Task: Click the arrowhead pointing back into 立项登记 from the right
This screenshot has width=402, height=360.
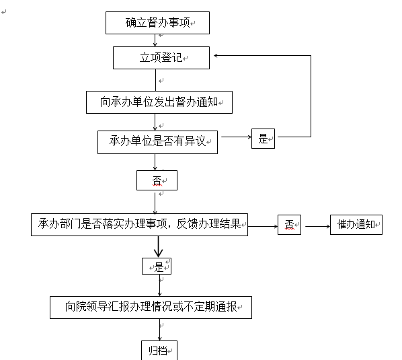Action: point(215,55)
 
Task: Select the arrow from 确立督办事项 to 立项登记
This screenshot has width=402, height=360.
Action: point(155,40)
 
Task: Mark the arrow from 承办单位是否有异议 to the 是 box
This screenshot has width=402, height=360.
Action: point(237,137)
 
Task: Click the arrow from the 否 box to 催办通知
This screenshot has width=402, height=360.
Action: point(318,226)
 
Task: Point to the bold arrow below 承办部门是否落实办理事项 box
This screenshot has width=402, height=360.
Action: point(159,246)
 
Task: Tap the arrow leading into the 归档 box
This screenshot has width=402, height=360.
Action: point(159,330)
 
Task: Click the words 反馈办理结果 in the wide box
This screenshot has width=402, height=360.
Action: point(208,224)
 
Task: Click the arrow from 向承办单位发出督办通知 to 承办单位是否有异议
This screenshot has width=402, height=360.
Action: point(155,122)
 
